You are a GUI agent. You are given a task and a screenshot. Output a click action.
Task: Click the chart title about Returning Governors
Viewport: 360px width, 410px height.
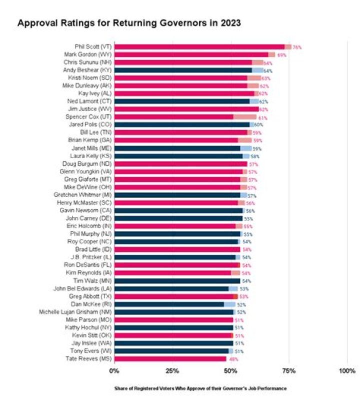pyautogui.click(x=129, y=23)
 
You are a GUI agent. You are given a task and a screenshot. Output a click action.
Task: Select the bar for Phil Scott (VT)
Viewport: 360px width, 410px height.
pyautogui.click(x=200, y=47)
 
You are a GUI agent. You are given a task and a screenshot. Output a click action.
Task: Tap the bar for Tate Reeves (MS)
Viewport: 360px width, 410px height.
pyautogui.click(x=170, y=358)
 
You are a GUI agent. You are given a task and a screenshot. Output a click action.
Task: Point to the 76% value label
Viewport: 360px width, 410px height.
pyautogui.click(x=297, y=47)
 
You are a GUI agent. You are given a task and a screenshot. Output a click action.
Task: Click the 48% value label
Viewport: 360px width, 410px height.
pyautogui.click(x=233, y=359)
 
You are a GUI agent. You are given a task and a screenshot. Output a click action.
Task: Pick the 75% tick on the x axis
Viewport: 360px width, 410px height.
pyautogui.click(x=288, y=371)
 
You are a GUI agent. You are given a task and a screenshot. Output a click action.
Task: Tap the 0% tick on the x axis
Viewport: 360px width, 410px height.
pyautogui.click(x=114, y=371)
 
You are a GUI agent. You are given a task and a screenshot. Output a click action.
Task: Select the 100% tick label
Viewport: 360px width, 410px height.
pyautogui.click(x=347, y=371)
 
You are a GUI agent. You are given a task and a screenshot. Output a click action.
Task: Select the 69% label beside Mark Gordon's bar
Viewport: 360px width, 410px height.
pyautogui.click(x=281, y=55)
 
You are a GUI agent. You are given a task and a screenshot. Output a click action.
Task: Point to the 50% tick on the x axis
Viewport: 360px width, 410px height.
pyautogui.click(x=230, y=371)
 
